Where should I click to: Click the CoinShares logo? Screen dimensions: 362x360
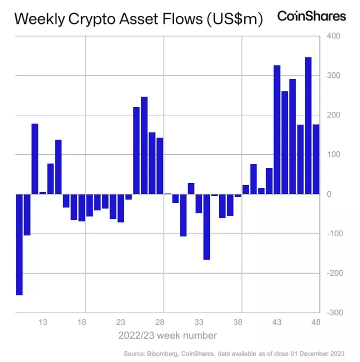[311, 16]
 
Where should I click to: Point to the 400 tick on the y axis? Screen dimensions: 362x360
[332, 36]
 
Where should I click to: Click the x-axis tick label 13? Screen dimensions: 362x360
[43, 322]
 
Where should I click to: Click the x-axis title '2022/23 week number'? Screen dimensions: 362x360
[167, 335]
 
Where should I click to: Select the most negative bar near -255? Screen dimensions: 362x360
[19, 245]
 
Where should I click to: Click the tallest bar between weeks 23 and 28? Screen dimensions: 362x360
[144, 145]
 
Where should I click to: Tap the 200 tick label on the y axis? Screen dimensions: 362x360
[332, 115]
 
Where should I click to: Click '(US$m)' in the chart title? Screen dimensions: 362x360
[233, 19]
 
